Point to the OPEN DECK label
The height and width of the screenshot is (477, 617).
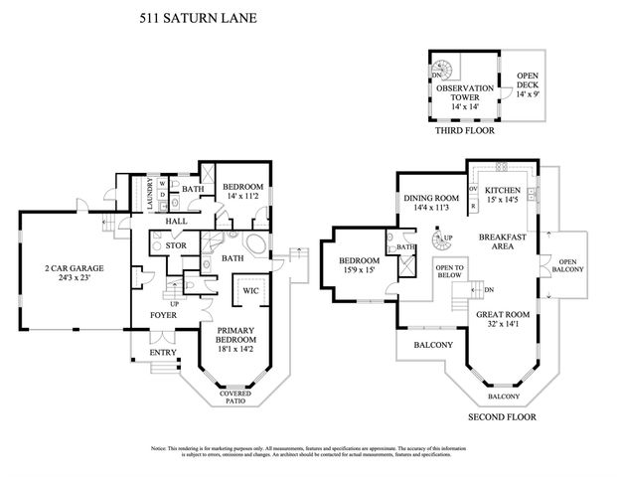tap(527, 88)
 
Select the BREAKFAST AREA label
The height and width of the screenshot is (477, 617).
tap(502, 241)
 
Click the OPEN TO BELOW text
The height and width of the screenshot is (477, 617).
tap(451, 272)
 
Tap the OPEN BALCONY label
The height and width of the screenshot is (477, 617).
tap(567, 265)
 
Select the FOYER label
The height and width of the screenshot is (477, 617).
tap(163, 316)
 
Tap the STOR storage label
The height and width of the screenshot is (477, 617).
tap(177, 244)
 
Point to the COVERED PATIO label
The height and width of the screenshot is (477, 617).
tap(236, 397)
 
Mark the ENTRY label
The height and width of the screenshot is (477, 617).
tap(162, 353)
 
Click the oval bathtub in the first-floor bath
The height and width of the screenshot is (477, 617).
tap(251, 244)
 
